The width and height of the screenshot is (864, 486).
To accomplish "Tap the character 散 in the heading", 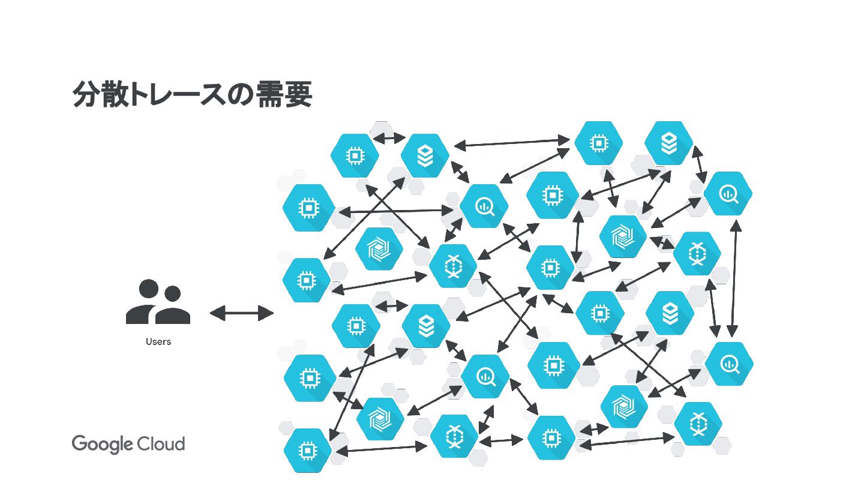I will pos(114,94).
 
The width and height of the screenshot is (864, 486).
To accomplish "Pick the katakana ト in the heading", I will pos(139,94).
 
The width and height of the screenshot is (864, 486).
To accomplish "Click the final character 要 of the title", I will pos(298,94).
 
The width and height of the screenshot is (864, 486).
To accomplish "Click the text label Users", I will pos(158,342).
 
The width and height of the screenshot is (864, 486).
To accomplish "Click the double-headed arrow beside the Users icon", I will pos(241,313).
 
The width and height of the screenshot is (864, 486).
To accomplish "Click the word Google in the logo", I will pos(102,445).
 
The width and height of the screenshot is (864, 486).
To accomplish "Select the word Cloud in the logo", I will pos(161,444).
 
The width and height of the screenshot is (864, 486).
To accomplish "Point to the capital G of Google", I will pos(80,444).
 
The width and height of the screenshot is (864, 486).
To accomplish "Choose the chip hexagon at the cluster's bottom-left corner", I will pos(308,449).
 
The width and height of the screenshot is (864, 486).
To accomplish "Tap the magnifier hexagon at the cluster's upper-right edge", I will pos(728,193).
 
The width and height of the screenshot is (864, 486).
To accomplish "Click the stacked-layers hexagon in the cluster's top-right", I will pos(668,143).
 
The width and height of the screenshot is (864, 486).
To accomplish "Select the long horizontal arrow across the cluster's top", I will pos(512,143).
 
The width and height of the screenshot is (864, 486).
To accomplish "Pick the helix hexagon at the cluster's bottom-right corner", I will pos(698,424).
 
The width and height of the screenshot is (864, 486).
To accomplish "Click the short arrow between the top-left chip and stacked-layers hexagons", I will pos(389,139).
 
